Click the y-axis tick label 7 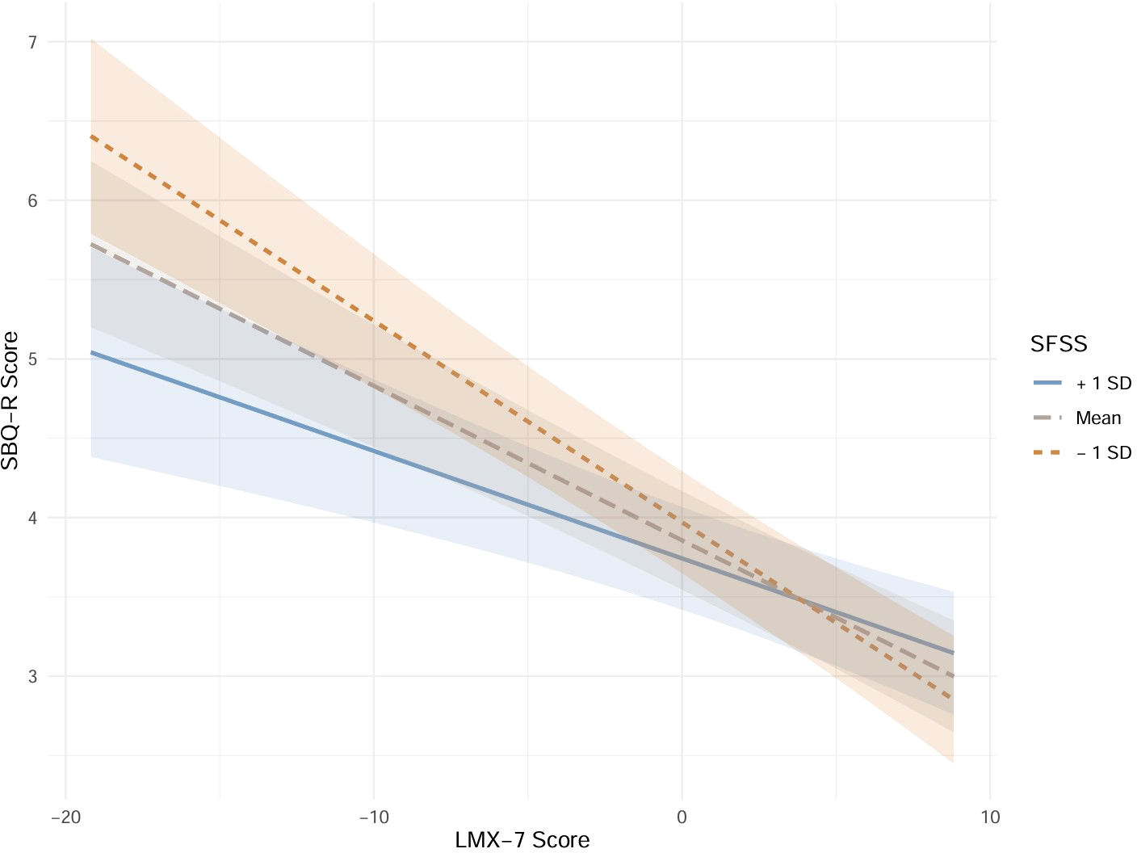(32, 42)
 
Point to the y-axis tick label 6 (32, 200)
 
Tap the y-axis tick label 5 (32, 359)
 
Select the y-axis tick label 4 (32, 518)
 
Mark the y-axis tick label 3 (32, 676)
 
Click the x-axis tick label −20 (65, 817)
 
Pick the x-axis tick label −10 (373, 817)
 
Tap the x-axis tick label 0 (682, 817)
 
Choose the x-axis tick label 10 (990, 817)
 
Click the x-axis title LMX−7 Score (522, 840)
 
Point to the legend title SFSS (1059, 344)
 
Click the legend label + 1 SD (1104, 384)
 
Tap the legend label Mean (1098, 418)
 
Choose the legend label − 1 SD (1104, 453)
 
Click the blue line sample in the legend (1047, 383)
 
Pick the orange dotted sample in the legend (1047, 452)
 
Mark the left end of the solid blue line (91, 352)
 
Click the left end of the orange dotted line (91, 137)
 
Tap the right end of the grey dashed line (954, 675)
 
